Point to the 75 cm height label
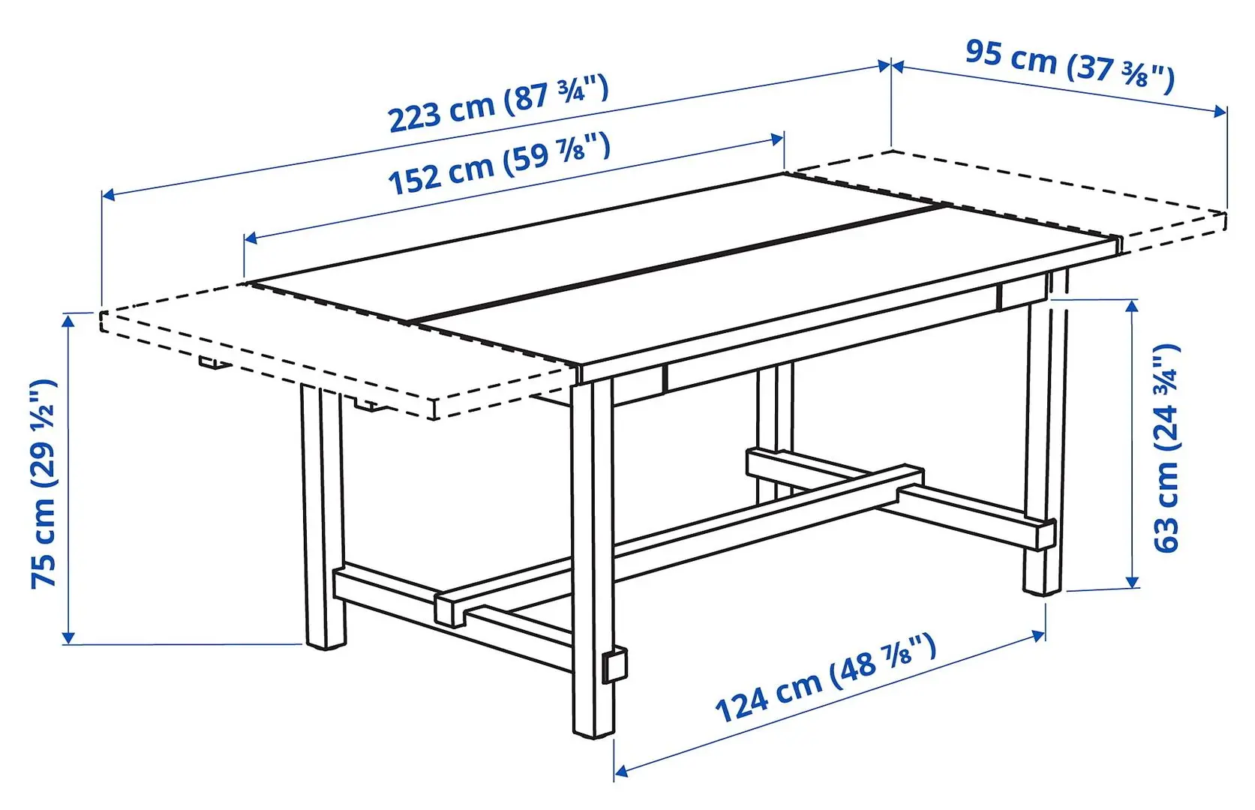point(44,484)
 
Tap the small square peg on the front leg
point(615,664)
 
